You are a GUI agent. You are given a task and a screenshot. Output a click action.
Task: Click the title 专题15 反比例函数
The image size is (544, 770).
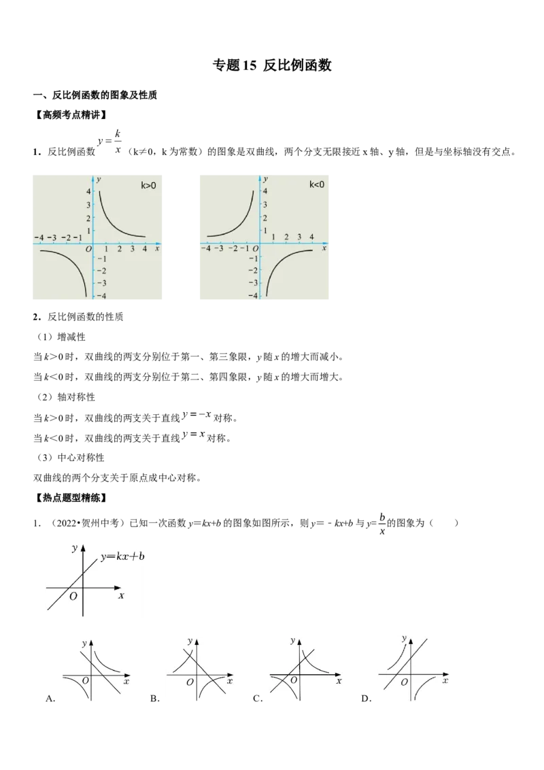tap(272, 65)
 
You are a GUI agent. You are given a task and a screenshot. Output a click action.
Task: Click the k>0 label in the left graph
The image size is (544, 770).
tap(148, 185)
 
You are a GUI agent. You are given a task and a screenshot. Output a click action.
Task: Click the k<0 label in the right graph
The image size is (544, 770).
tap(317, 184)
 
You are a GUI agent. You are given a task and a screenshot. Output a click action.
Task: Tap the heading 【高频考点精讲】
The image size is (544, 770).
tap(71, 115)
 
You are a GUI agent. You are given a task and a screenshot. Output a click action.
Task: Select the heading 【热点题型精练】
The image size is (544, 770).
tap(71, 498)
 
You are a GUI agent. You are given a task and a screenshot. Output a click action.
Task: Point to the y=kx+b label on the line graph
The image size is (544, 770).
tap(123, 556)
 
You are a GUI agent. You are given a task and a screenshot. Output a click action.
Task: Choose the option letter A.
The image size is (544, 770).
tap(50, 699)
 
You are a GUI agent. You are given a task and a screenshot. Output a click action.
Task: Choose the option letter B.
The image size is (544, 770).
tap(155, 699)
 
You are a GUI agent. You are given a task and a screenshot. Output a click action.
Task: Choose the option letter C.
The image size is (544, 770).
tap(258, 699)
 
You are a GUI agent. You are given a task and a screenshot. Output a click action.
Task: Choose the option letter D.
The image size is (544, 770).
tap(367, 699)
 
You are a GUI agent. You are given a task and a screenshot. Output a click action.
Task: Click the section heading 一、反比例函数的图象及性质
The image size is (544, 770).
tap(95, 95)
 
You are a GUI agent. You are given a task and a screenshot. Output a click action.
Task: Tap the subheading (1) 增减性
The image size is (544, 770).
tap(61, 337)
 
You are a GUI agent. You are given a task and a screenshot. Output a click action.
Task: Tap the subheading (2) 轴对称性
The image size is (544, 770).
tap(66, 397)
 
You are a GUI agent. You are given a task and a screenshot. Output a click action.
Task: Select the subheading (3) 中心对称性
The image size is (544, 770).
tap(71, 458)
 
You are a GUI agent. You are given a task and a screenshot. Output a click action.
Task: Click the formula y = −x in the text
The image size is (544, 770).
tap(197, 415)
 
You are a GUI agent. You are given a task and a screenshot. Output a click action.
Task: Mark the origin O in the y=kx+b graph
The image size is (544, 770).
tap(73, 596)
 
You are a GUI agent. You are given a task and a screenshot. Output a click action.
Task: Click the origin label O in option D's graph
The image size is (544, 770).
tap(404, 682)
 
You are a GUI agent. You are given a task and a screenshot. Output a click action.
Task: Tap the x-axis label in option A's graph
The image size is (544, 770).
tap(126, 681)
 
